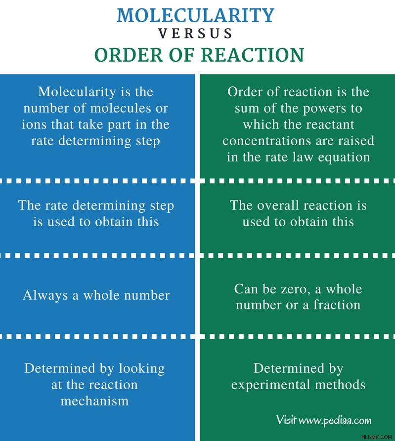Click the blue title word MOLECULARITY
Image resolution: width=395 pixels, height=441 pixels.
pos(195,15)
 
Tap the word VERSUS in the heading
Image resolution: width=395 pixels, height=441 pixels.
pos(195,34)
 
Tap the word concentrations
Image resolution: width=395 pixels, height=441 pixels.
pos(267,141)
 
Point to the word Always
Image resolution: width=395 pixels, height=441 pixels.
pos(45,296)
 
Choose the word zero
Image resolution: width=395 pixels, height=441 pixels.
pos(294,289)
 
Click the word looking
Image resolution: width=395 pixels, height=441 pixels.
pos(141,369)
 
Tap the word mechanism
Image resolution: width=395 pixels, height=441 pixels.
pos(94,401)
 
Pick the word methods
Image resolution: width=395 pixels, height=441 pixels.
pos(340,385)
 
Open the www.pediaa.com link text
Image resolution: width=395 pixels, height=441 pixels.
pos(335,420)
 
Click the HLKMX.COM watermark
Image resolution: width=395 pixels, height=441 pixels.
pos(376,437)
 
